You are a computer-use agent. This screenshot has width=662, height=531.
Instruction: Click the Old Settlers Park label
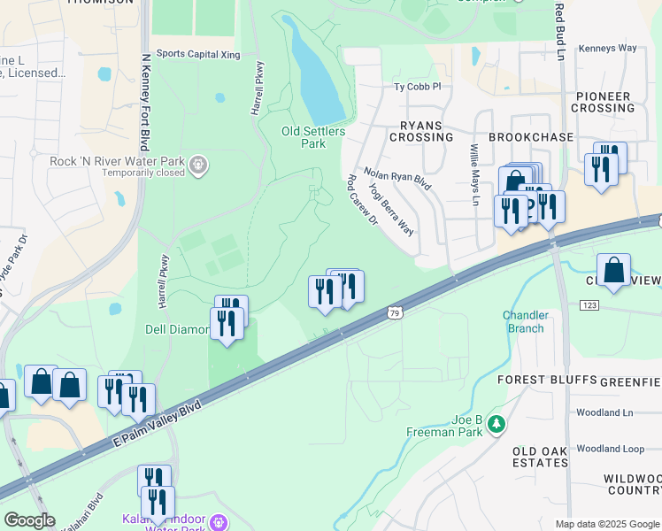tap(313, 137)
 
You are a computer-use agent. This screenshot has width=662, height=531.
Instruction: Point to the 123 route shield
tap(589, 304)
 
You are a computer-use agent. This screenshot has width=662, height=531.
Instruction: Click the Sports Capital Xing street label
tap(198, 54)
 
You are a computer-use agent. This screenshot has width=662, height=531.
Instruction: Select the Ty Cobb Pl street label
tap(417, 88)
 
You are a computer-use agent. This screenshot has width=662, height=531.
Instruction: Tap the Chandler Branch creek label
tap(525, 321)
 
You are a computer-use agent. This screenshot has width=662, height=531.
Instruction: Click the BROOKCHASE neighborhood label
tap(531, 137)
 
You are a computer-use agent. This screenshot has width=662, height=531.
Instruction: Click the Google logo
tap(29, 520)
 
